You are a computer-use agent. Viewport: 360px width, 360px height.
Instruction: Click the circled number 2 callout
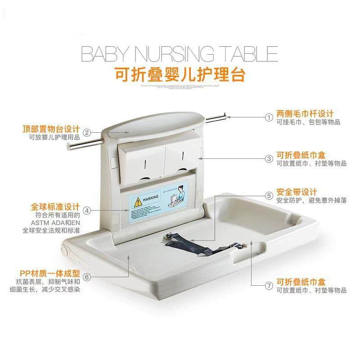(87, 132)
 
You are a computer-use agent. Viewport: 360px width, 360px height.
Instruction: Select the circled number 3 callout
(269, 159)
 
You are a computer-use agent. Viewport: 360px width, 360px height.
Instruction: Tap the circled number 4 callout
(87, 210)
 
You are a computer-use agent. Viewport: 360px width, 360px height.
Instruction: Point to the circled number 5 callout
(269, 196)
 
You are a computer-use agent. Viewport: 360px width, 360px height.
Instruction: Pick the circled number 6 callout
(87, 277)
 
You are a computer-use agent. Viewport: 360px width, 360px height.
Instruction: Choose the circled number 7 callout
(269, 285)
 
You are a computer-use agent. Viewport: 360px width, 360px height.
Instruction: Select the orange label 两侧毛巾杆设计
(308, 113)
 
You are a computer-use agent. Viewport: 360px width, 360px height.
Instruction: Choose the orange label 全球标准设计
(56, 207)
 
